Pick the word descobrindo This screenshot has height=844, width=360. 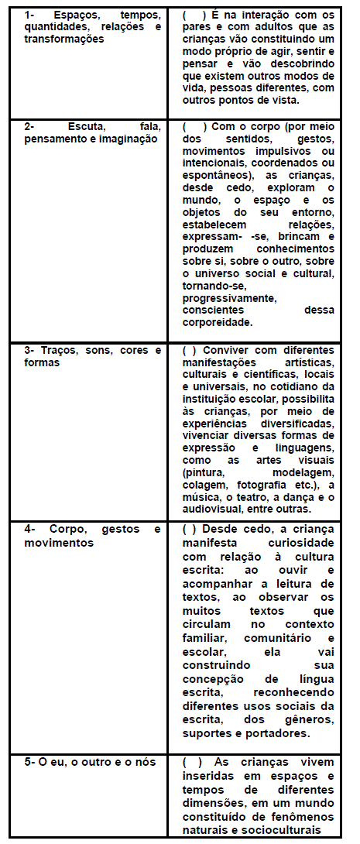301,65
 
